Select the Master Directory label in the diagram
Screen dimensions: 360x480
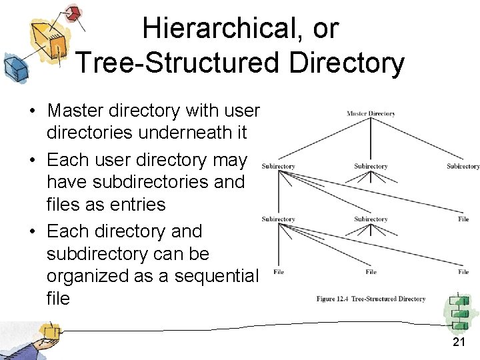pyautogui.click(x=371, y=114)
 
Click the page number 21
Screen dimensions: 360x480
pyautogui.click(x=459, y=342)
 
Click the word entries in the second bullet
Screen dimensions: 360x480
pyautogui.click(x=133, y=204)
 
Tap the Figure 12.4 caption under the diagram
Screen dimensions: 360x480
pyautogui.click(x=371, y=299)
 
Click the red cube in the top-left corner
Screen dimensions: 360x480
pyautogui.click(x=75, y=13)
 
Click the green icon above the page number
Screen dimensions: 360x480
pyautogui.click(x=459, y=311)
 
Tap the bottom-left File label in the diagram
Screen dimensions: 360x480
pyautogui.click(x=279, y=272)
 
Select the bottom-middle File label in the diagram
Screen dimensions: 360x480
pyautogui.click(x=371, y=272)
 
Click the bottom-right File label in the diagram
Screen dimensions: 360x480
pyautogui.click(x=463, y=272)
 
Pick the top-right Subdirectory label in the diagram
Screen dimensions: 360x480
pyautogui.click(x=463, y=166)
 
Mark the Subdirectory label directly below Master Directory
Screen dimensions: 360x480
pyautogui.click(x=371, y=166)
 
